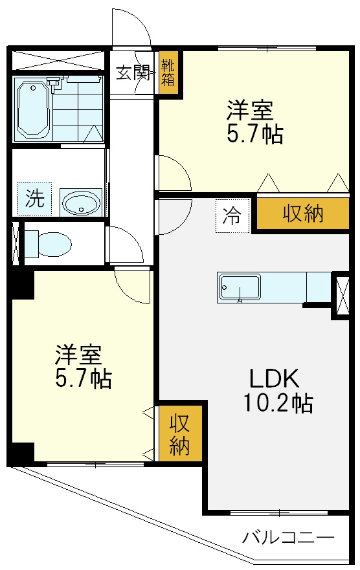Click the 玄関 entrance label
tap(133, 73)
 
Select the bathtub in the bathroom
tap(33, 109)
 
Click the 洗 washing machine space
tap(35, 199)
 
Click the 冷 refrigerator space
tap(232, 215)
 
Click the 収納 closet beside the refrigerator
tap(302, 214)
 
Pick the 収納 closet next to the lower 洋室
tap(179, 433)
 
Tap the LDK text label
tap(274, 378)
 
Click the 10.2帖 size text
tap(278, 403)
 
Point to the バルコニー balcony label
tap(288, 537)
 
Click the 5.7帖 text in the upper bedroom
tap(254, 134)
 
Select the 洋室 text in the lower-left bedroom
tap(78, 355)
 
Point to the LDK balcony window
tap(279, 513)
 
